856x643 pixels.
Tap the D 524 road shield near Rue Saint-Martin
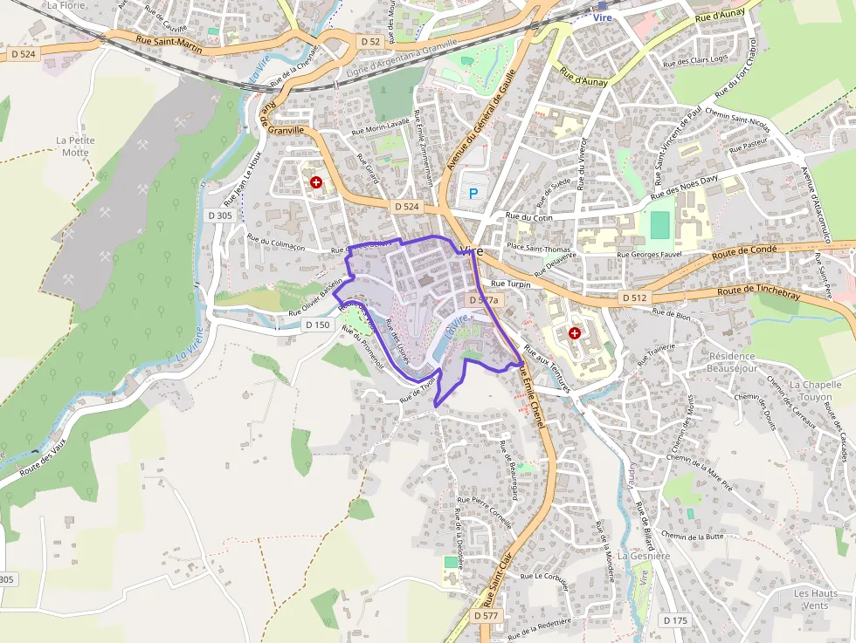(24, 54)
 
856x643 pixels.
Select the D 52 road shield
(370, 41)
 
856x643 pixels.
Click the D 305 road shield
(220, 215)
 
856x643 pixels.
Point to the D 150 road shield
(318, 324)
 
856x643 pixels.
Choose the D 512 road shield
(634, 298)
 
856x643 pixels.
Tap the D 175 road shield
(675, 619)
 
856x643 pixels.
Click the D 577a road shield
(483, 299)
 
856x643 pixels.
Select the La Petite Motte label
(75, 146)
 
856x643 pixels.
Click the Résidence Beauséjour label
(744, 362)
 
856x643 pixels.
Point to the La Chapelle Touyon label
(815, 390)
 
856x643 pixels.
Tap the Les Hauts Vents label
(815, 599)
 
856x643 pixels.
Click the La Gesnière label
(644, 555)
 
